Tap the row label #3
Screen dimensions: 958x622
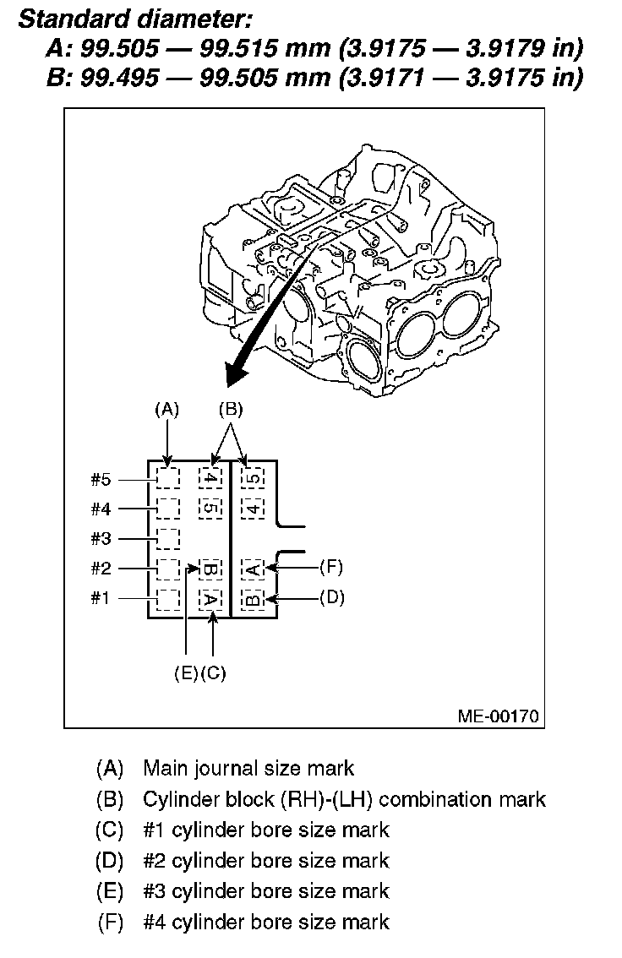click(101, 538)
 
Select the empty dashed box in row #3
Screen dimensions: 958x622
click(168, 537)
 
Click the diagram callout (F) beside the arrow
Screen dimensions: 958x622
click(331, 567)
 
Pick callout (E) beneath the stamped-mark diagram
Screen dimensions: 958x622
click(186, 673)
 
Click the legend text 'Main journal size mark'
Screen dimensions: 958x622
click(248, 769)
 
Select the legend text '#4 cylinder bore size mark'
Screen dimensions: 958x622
click(266, 922)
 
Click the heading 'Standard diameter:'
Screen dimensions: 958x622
click(134, 18)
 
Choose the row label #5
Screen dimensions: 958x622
click(101, 479)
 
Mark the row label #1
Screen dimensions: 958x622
click(101, 598)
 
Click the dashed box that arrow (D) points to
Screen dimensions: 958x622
click(253, 599)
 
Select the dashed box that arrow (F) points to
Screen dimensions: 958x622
click(253, 568)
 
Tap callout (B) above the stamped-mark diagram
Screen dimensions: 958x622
click(230, 410)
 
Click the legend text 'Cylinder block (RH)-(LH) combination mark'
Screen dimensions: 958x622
click(345, 799)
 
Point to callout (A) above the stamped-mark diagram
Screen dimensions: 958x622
click(168, 410)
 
